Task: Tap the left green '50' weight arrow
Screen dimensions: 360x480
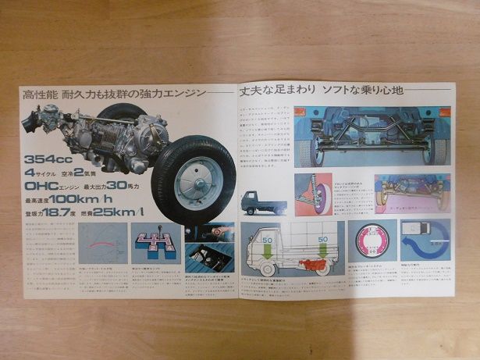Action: [x=267, y=237]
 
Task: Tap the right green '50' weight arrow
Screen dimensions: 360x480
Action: [x=322, y=238]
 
